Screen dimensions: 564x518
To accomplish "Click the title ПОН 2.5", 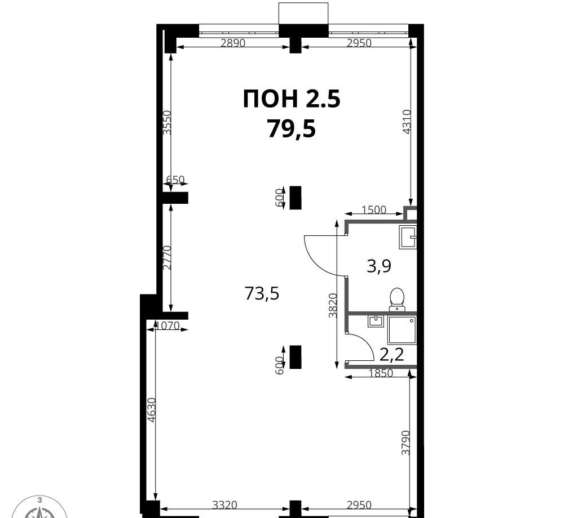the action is [x=292, y=99].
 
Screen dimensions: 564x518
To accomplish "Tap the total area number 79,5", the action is [x=292, y=129].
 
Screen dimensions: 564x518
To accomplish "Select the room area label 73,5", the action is [x=262, y=293].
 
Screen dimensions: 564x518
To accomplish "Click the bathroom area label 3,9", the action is [x=379, y=266].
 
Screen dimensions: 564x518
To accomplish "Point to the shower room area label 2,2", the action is [x=392, y=355].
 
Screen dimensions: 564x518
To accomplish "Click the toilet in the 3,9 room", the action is [x=397, y=298].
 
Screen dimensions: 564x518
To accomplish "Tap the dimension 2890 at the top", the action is [x=233, y=43].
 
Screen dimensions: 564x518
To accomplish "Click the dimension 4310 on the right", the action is [x=406, y=122].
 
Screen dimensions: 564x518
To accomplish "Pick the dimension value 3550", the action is [x=167, y=122].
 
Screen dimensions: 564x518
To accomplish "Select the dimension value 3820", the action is [x=333, y=306].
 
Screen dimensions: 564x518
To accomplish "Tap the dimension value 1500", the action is [x=374, y=209].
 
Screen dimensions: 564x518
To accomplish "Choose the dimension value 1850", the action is [x=381, y=373].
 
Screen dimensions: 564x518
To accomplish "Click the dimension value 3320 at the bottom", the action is [x=225, y=506].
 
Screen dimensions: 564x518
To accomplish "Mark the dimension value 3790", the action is [x=406, y=443].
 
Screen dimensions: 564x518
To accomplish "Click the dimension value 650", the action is [x=175, y=180].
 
